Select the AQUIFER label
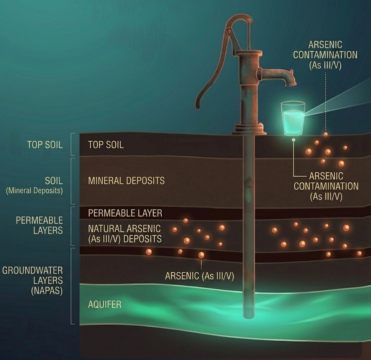104,304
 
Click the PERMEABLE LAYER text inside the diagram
125,213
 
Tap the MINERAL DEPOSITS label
126,181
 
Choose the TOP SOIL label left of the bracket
45,144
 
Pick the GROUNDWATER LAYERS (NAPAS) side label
33,281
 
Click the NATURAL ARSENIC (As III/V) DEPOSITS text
124,234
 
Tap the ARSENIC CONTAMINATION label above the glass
325,55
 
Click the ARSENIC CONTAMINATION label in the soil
326,186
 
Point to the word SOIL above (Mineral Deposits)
54,181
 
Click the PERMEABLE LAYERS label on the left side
39,225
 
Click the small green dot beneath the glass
294,140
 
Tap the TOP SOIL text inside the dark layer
106,145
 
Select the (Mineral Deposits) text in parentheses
34,191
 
